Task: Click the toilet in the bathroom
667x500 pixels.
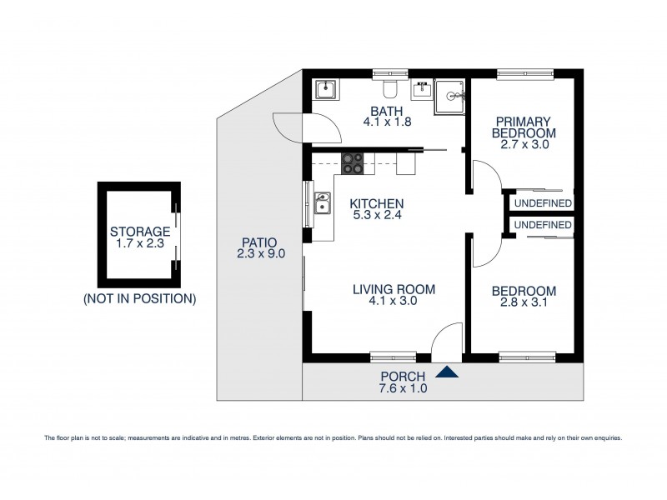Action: click(x=389, y=89)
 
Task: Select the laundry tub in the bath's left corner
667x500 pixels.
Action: click(x=325, y=89)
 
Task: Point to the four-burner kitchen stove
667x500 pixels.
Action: click(x=353, y=163)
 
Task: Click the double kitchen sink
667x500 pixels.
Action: click(x=323, y=203)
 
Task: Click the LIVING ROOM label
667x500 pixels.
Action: click(x=383, y=289)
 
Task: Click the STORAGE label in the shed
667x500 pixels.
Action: click(x=140, y=232)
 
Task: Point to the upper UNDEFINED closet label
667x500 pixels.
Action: click(x=542, y=202)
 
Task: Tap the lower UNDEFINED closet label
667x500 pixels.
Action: click(x=542, y=225)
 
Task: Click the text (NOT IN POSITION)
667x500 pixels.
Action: click(x=140, y=297)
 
